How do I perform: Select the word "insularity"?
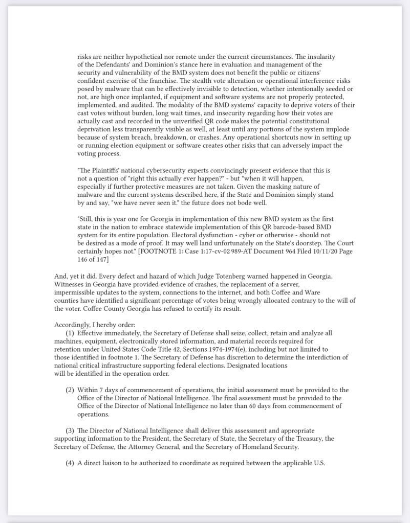[x=320, y=57]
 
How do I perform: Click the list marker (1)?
[x=70, y=333]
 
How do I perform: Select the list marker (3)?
[x=70, y=431]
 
